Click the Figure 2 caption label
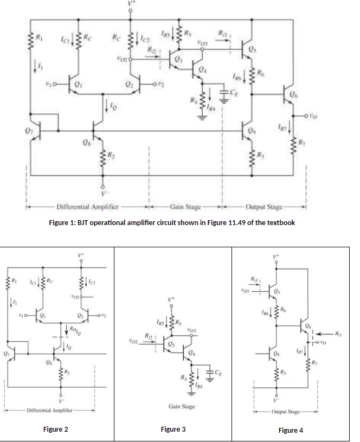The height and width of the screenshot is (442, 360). point(56,430)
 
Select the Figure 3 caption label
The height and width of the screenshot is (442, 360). point(173,430)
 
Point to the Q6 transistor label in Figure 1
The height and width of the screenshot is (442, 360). point(293,93)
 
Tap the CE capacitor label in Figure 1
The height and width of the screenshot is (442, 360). point(233,93)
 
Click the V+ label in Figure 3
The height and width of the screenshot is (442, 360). point(172,298)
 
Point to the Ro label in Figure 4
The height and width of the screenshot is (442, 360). point(339,333)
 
